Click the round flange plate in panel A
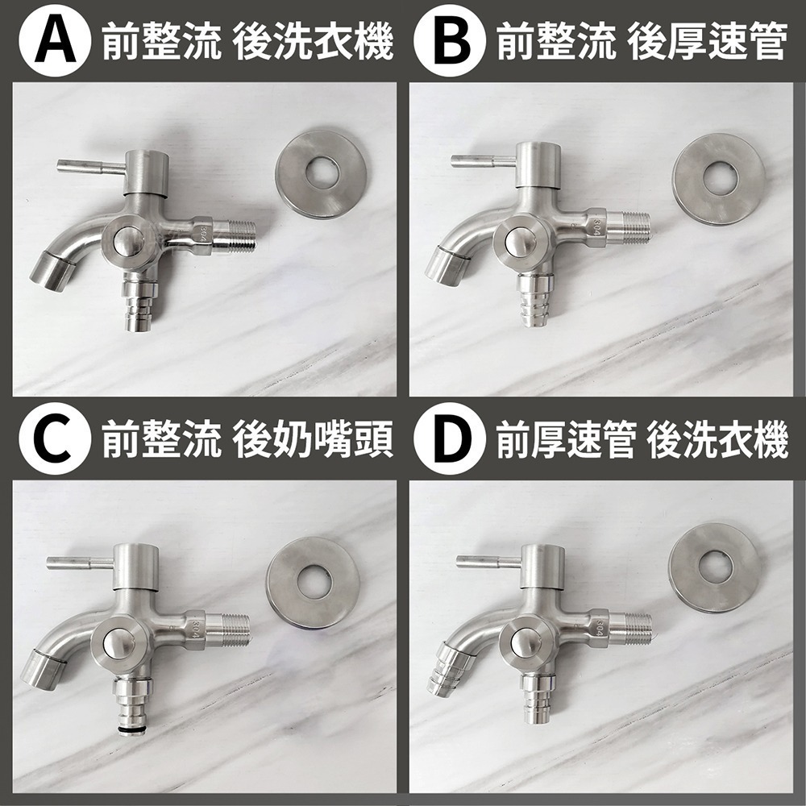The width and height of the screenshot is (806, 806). (x=322, y=172)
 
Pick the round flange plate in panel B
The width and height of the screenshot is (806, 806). (x=718, y=179)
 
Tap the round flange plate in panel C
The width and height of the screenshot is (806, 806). (x=312, y=581)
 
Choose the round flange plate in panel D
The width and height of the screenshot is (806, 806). (x=715, y=567)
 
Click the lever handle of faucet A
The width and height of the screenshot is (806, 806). (x=89, y=167)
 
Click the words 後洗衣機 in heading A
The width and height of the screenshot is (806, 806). (x=313, y=41)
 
